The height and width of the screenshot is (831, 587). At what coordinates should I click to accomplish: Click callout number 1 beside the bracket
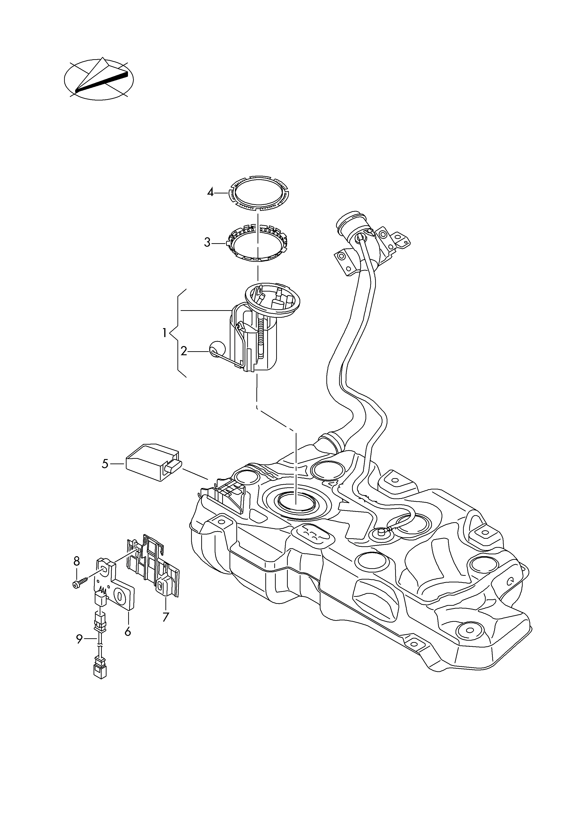(x=164, y=333)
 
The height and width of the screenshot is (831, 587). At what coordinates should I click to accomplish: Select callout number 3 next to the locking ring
(x=207, y=242)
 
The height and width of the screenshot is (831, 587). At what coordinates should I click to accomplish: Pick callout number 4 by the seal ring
(x=210, y=192)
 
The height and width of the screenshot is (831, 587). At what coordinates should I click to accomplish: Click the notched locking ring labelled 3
(x=257, y=242)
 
